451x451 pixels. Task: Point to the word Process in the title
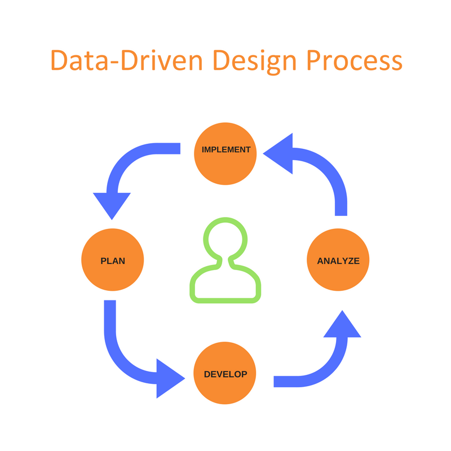coord(356,60)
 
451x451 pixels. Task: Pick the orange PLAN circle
coord(113,261)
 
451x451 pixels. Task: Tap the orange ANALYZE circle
coord(338,261)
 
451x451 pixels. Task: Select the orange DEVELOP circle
coord(225,373)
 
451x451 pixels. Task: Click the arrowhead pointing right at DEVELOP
coord(169,377)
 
